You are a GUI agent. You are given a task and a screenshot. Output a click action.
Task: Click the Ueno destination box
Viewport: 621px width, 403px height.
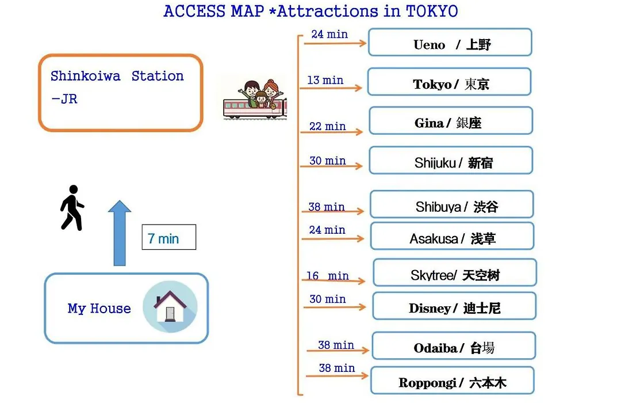tap(450, 42)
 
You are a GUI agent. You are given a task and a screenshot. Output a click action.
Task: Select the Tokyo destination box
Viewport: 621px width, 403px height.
tap(449, 82)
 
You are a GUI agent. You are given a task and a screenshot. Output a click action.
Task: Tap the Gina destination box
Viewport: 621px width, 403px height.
tap(451, 120)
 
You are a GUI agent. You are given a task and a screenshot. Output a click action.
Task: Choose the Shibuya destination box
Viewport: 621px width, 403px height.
tap(452, 204)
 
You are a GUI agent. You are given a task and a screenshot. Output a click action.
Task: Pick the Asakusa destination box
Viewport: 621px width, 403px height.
tap(453, 236)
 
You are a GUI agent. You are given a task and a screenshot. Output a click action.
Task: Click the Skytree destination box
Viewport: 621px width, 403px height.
tap(455, 272)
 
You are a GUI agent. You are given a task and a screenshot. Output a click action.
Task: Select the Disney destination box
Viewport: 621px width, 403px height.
tap(454, 306)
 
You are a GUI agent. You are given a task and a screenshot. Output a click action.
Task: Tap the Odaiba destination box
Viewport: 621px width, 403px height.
tap(454, 346)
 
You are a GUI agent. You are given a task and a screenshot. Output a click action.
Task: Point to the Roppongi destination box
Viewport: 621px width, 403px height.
tap(453, 381)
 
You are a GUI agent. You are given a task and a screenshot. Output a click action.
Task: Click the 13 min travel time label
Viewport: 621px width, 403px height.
tap(325, 80)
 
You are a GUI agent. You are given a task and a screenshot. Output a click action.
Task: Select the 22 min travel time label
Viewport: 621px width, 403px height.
tap(328, 126)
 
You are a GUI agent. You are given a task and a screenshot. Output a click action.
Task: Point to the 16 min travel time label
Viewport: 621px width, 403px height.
tap(328, 276)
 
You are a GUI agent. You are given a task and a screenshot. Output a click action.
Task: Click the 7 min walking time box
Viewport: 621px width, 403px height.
tap(168, 237)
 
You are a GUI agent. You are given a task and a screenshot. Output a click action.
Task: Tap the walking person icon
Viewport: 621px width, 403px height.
tap(72, 207)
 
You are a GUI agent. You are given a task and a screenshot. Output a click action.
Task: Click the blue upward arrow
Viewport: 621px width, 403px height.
tap(120, 233)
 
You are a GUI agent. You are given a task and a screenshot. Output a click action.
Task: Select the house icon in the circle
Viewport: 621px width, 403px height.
tap(170, 306)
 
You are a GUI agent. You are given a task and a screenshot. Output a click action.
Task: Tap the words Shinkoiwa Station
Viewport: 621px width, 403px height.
tap(117, 76)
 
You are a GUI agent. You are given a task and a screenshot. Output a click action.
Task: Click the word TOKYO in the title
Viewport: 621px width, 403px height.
tap(432, 11)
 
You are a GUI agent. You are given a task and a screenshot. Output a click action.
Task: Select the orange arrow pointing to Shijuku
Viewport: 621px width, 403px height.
tap(332, 166)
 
